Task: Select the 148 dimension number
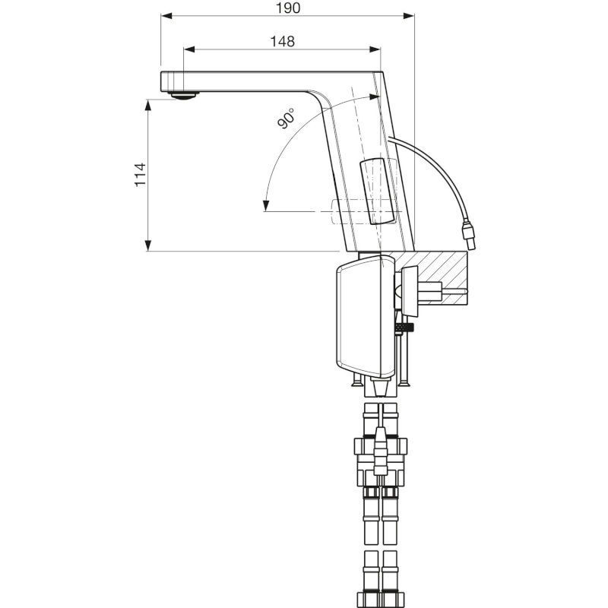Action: click(x=282, y=41)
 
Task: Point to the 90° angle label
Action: click(x=287, y=119)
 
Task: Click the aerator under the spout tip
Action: click(x=182, y=96)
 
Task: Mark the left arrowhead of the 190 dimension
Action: click(x=165, y=16)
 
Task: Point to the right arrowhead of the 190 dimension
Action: click(x=410, y=16)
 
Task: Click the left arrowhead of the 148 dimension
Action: click(x=189, y=49)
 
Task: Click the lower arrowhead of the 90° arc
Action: click(x=265, y=205)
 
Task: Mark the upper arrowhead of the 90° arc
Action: click(x=372, y=97)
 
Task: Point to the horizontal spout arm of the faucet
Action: click(x=243, y=78)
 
